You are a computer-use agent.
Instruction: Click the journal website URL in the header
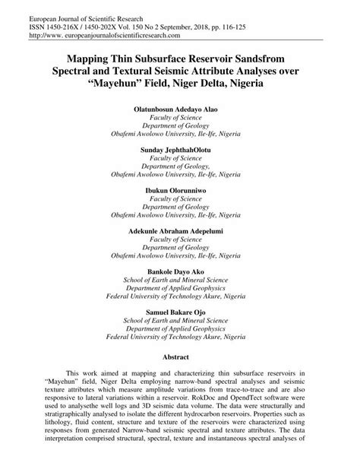click(x=96, y=36)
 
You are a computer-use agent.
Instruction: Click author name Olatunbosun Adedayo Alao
click(x=179, y=109)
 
